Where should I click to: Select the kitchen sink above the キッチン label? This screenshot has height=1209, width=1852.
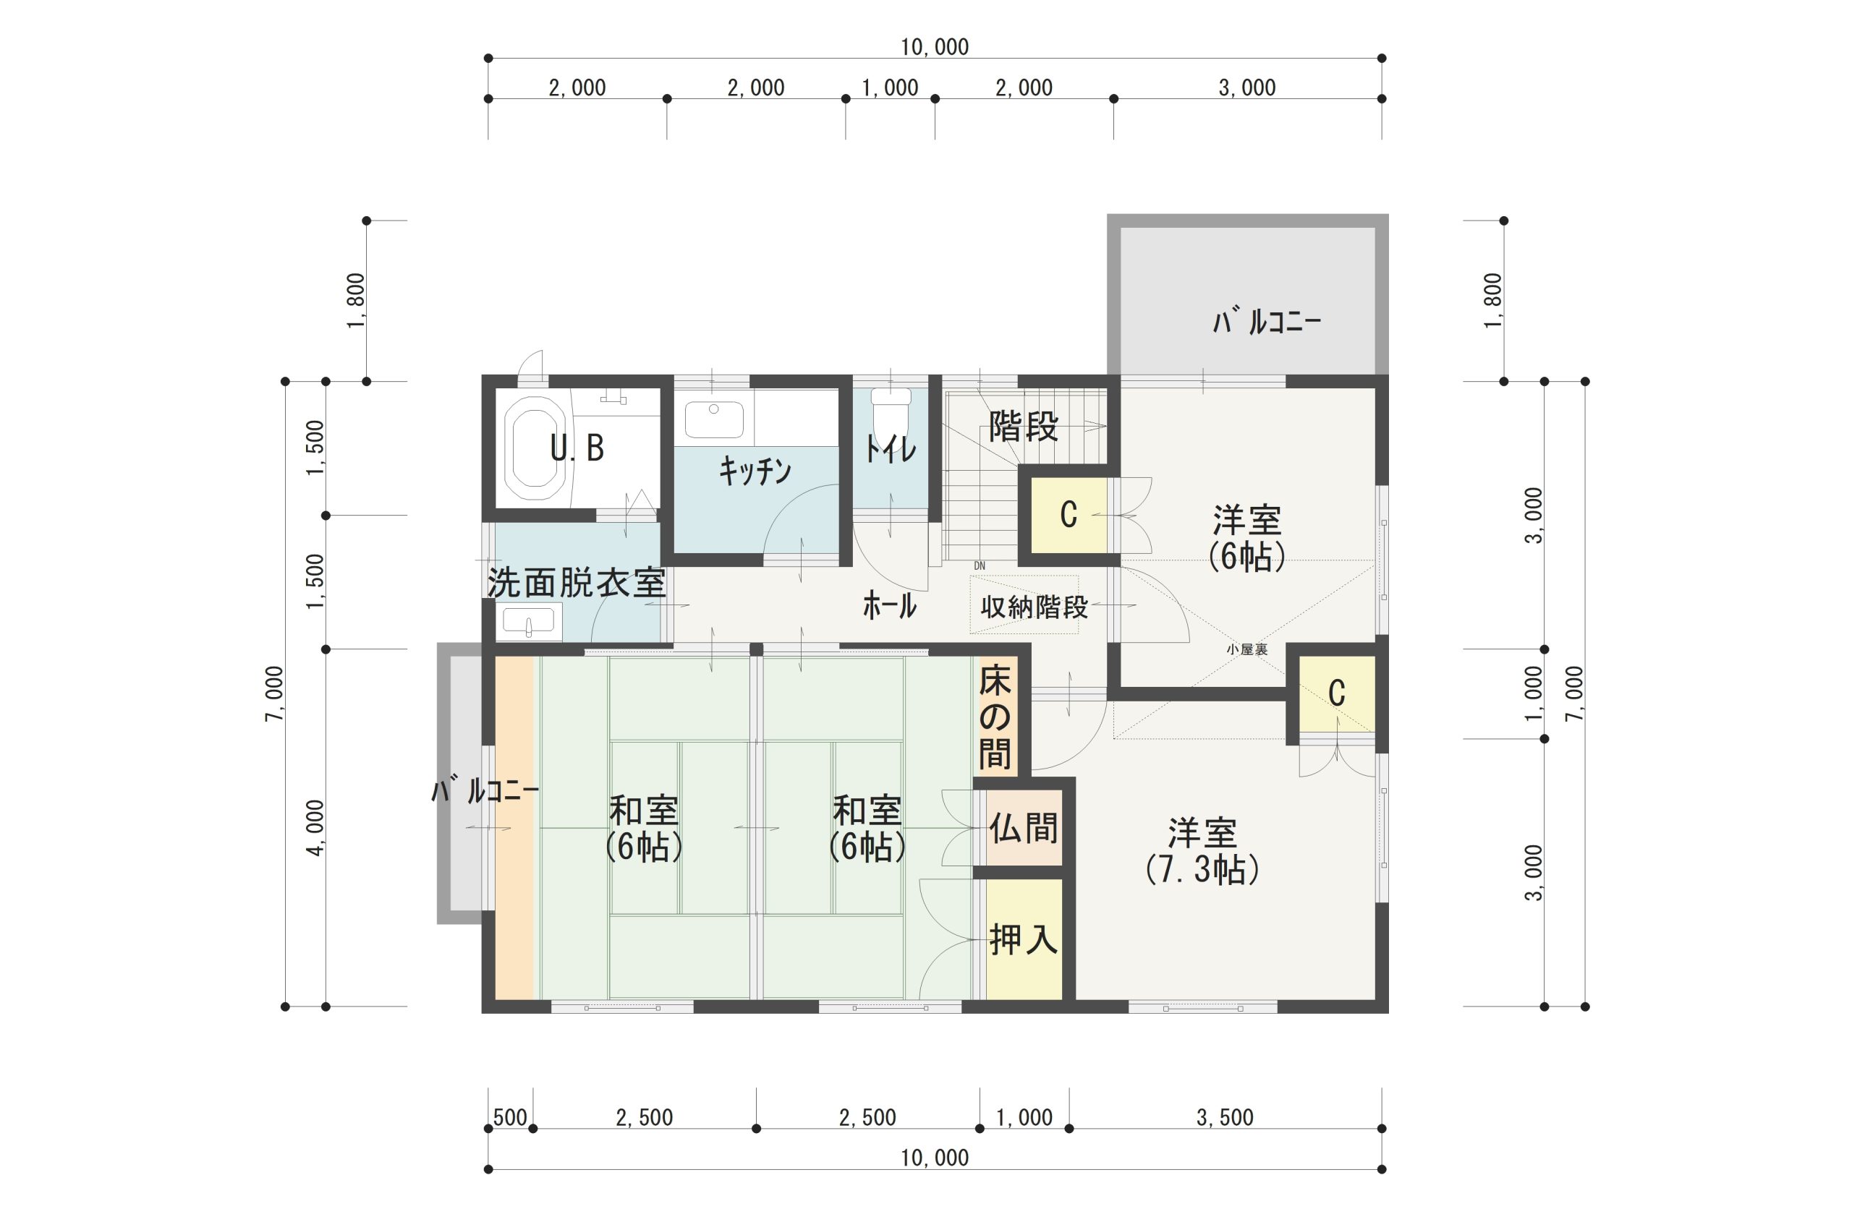tap(713, 420)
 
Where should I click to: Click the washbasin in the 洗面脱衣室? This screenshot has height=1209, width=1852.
tap(529, 623)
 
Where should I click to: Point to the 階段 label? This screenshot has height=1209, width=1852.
tap(1023, 427)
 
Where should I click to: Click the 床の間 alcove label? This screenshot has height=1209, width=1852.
tap(995, 718)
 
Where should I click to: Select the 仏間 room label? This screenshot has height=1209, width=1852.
tap(1023, 828)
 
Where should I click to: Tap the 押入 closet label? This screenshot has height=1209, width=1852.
tap(1023, 940)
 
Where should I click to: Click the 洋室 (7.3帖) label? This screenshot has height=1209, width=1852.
tap(1202, 851)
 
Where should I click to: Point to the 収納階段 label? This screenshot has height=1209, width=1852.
tap(1033, 607)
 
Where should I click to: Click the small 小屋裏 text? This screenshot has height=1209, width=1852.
tap(1247, 649)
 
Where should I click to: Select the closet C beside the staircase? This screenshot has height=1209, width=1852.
tap(1069, 514)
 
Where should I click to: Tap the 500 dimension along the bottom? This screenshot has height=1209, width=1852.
tap(511, 1118)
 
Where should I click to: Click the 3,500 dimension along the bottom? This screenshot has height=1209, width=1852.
tap(1225, 1118)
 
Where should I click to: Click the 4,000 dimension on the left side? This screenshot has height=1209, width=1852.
tap(315, 828)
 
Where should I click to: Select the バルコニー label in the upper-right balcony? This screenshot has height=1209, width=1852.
tap(1266, 321)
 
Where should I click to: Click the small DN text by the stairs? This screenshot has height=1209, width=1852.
tap(979, 565)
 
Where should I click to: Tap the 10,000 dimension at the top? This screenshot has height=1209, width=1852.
tap(935, 48)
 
